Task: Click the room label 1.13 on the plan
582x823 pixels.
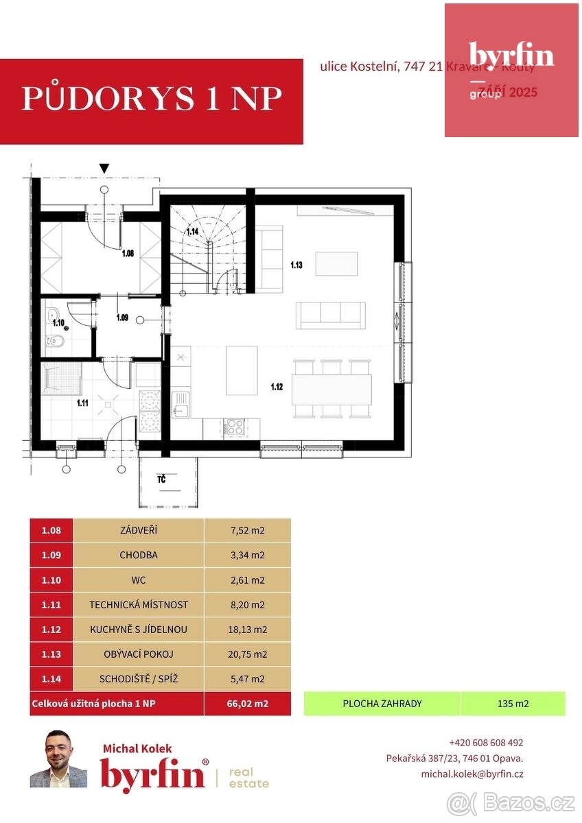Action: tap(296, 265)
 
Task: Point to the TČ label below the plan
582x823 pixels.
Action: tap(161, 479)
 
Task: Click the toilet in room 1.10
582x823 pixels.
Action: tap(56, 340)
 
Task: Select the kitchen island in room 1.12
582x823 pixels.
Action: tap(242, 370)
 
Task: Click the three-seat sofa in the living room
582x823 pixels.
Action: tap(330, 315)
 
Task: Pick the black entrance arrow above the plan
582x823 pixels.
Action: tap(104, 168)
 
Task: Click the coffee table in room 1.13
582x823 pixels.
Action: tap(336, 263)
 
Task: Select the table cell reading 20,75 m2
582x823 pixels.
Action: tap(247, 654)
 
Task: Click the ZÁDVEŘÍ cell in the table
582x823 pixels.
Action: tap(138, 530)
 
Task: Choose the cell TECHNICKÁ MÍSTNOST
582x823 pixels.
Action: tap(138, 605)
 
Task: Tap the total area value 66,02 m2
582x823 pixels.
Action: tap(247, 704)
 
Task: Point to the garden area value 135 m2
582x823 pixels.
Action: tap(513, 704)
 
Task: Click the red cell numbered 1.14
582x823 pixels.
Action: tap(51, 679)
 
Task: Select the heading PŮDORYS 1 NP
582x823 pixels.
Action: tap(152, 99)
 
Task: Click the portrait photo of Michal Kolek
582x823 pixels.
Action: tap(58, 759)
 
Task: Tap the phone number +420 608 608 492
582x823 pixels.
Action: tap(486, 743)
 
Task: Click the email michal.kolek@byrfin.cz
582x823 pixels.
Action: tap(472, 774)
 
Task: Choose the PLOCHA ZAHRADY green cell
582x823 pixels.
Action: tap(382, 704)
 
